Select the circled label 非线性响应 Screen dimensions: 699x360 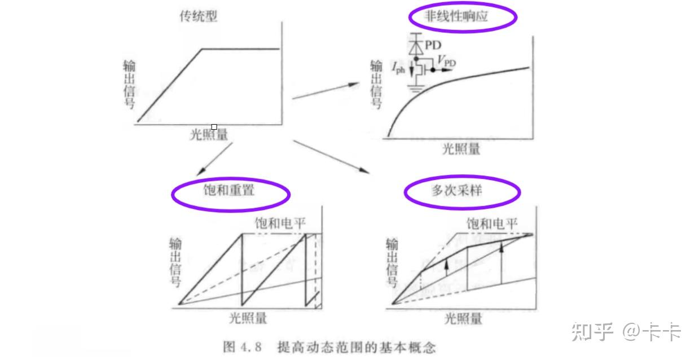[462, 17]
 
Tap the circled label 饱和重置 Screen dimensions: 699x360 [230, 191]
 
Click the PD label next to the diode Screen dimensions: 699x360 [433, 45]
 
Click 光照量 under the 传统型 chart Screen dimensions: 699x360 [209, 135]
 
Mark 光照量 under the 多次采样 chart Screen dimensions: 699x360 [463, 318]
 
